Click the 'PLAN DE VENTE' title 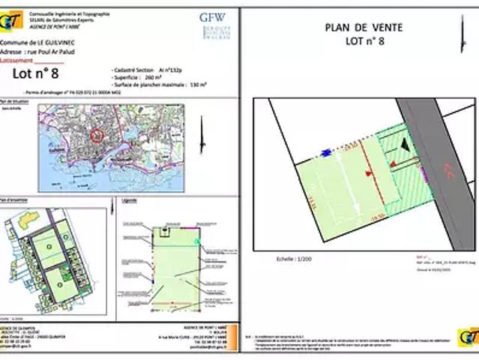pyautogui.click(x=364, y=28)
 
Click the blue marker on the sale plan pyautogui.click(x=326, y=152)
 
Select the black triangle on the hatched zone pyautogui.click(x=405, y=142)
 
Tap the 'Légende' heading pyautogui.click(x=129, y=201)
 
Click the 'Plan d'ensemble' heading pyautogui.click(x=15, y=200)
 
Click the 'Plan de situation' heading pyautogui.click(x=16, y=100)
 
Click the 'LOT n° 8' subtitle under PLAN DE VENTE pyautogui.click(x=365, y=41)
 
